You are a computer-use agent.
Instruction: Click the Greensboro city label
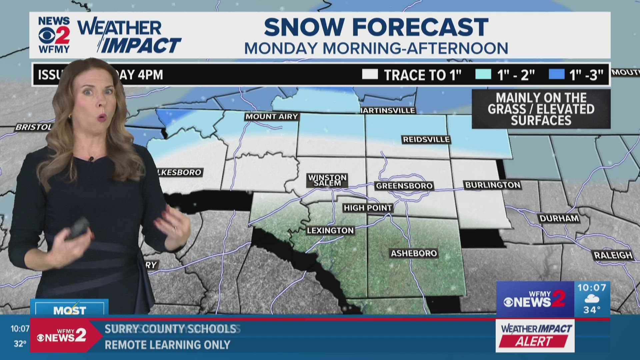pyautogui.click(x=404, y=186)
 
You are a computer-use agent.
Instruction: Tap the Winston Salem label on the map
pyautogui.click(x=327, y=180)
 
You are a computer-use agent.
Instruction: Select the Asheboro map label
pyautogui.click(x=414, y=253)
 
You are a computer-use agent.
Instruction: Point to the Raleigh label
pyautogui.click(x=613, y=255)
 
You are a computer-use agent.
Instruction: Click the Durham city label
pyautogui.click(x=559, y=218)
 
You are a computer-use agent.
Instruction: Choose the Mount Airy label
pyautogui.click(x=272, y=117)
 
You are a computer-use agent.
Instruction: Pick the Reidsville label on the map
pyautogui.click(x=426, y=140)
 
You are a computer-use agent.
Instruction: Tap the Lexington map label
pyautogui.click(x=330, y=231)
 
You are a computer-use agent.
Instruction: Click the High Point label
pyautogui.click(x=368, y=208)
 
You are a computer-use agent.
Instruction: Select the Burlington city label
pyautogui.click(x=492, y=185)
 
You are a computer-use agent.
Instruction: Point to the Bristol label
pyautogui.click(x=33, y=127)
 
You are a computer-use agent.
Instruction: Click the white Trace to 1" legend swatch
pyautogui.click(x=370, y=74)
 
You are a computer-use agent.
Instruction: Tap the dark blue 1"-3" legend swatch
pyautogui.click(x=557, y=74)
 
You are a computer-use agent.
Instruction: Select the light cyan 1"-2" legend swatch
pyautogui.click(x=483, y=74)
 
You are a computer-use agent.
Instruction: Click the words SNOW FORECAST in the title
pyautogui.click(x=376, y=27)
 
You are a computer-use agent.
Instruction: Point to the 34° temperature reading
pyautogui.click(x=592, y=310)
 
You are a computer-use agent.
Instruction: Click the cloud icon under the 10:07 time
pyautogui.click(x=592, y=299)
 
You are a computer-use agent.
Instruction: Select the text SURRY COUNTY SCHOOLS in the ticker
pyautogui.click(x=171, y=329)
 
